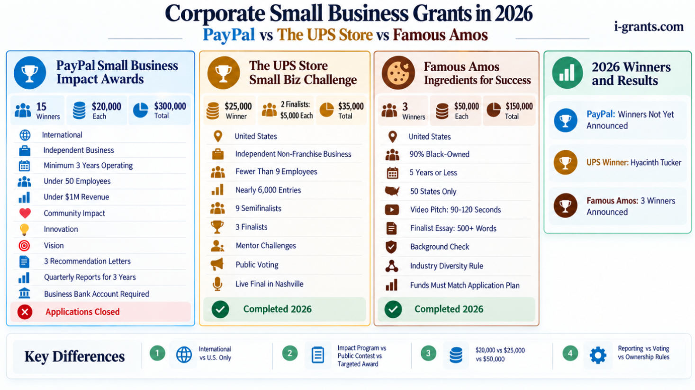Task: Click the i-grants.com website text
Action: coord(649,27)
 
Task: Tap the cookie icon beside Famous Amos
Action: coord(398,73)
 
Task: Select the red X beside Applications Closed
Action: coord(25,312)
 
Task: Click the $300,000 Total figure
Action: coord(170,111)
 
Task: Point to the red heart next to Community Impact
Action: coord(25,213)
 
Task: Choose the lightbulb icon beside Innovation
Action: coord(24,230)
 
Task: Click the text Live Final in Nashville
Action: coord(269,284)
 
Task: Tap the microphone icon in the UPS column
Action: coord(217,284)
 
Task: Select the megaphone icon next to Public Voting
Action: coord(217,264)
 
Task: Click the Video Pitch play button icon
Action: coord(392,210)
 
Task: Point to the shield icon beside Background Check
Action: coord(391,247)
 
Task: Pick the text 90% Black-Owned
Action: coord(439,154)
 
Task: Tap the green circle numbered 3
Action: coord(428,353)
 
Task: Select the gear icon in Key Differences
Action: coord(598,355)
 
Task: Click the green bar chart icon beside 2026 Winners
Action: coord(568,73)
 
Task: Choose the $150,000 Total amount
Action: coord(519,111)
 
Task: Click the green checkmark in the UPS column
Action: coord(220,309)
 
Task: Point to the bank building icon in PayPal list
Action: coord(24,293)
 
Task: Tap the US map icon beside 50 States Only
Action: coord(392,191)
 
